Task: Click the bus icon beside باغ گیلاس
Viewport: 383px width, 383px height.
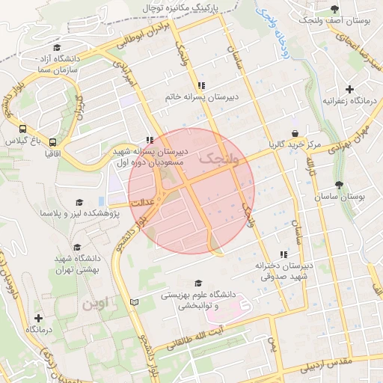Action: [x=23, y=129]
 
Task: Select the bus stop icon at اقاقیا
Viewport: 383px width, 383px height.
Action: [x=52, y=141]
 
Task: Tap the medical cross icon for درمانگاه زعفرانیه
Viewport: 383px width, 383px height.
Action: [x=349, y=89]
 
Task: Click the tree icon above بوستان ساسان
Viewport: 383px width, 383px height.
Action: [x=340, y=185]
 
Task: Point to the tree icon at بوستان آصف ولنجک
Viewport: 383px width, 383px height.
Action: [x=334, y=9]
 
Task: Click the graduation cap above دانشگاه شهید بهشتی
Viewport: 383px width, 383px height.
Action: [x=77, y=247]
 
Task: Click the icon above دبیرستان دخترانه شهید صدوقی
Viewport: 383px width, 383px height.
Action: [x=283, y=254]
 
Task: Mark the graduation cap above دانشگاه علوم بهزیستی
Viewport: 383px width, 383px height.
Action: [x=198, y=283]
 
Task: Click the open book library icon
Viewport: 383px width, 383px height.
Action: [x=135, y=301]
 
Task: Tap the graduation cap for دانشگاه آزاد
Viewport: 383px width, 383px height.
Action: [x=57, y=47]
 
